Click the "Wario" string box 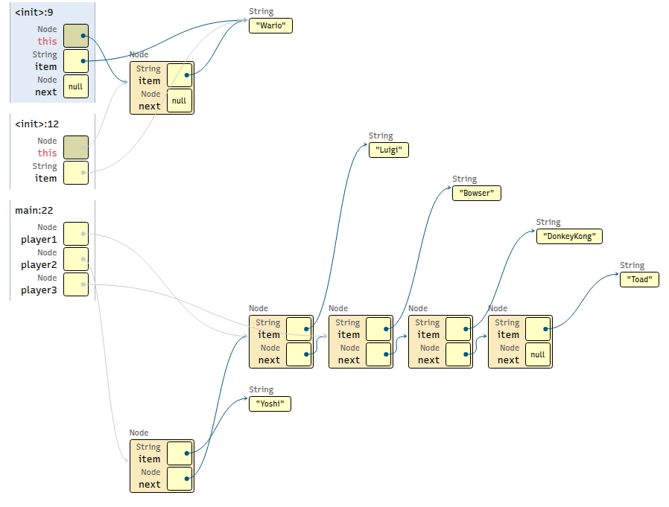(x=270, y=25)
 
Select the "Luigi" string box (x=389, y=150)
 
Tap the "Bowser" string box (x=477, y=193)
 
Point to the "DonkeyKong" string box (x=569, y=236)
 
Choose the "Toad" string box (x=639, y=279)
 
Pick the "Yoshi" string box (x=270, y=404)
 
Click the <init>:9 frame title (x=34, y=13)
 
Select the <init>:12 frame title (x=37, y=124)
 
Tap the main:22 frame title (x=34, y=211)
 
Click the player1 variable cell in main (x=76, y=234)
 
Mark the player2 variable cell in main (x=76, y=259)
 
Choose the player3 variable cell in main (x=76, y=284)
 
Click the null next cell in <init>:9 (x=76, y=86)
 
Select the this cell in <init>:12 (x=76, y=147)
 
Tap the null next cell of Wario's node (x=180, y=101)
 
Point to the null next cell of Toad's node (x=538, y=354)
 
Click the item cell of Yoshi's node (x=180, y=453)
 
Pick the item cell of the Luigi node (x=299, y=329)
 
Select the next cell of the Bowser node (x=379, y=354)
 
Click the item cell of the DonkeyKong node (x=459, y=329)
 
